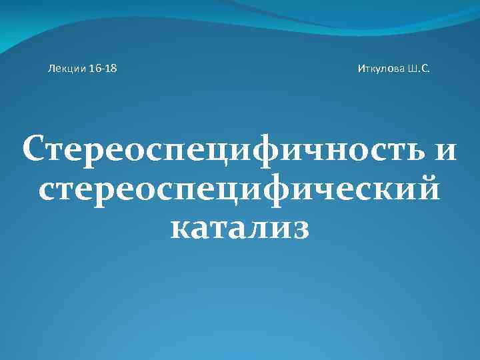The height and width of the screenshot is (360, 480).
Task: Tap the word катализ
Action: click(x=239, y=227)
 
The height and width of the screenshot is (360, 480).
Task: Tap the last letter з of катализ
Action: click(x=300, y=229)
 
